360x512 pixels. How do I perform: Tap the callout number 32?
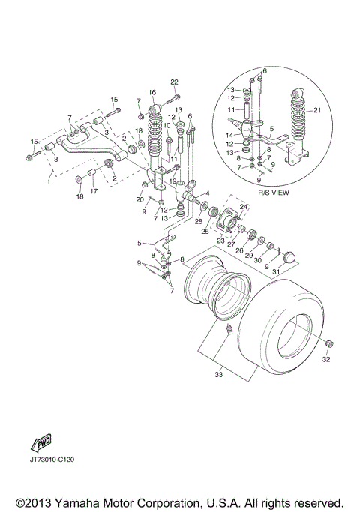coord(325,359)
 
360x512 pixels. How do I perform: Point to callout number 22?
coord(174,82)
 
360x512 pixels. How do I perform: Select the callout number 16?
coord(151,92)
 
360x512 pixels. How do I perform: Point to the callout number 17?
coord(93,191)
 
